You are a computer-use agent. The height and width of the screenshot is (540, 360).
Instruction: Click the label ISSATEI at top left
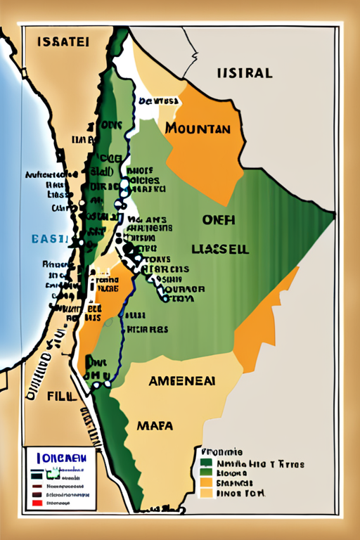pos(63,42)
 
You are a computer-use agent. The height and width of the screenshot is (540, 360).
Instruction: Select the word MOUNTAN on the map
pos(198,129)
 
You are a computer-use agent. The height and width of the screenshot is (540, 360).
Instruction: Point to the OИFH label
pos(219,220)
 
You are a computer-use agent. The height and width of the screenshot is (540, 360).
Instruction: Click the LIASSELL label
pos(219,249)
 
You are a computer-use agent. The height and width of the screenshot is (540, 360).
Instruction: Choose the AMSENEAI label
pos(181,380)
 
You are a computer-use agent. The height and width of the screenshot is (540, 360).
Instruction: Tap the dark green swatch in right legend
pos(205,463)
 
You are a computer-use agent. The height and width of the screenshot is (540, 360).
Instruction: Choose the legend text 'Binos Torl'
pos(239,494)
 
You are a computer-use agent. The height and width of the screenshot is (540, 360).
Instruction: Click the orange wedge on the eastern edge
pos(264,316)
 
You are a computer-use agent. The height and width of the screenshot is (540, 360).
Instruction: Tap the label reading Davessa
pos(160,101)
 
